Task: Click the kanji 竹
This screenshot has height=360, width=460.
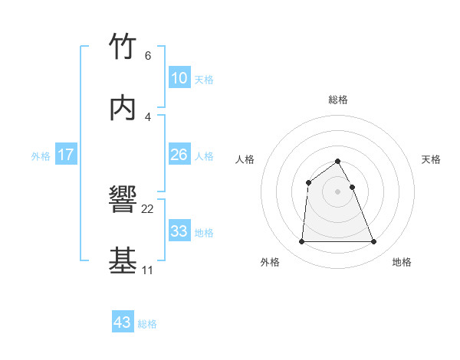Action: (123, 47)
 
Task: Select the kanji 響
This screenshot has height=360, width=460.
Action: (123, 201)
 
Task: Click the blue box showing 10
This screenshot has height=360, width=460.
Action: (179, 78)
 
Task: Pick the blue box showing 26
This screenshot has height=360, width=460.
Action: (179, 155)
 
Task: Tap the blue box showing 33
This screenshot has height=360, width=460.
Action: (179, 231)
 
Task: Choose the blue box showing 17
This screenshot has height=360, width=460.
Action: (66, 155)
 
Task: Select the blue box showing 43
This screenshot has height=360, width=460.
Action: (123, 322)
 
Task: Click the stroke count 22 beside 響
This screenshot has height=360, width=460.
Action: (148, 208)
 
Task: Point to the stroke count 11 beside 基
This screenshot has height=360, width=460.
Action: (147, 270)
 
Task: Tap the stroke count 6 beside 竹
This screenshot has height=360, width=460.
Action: (148, 55)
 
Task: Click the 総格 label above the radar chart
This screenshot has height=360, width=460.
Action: (338, 100)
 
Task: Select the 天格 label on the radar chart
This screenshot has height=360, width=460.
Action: (432, 159)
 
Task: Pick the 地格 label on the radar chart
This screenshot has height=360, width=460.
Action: (402, 262)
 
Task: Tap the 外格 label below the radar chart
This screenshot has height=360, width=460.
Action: (270, 262)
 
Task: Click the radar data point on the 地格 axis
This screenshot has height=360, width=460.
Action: (374, 242)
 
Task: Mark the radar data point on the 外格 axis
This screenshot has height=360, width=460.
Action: (301, 242)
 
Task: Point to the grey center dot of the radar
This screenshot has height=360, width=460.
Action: (338, 191)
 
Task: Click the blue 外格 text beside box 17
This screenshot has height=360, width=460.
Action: (41, 155)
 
